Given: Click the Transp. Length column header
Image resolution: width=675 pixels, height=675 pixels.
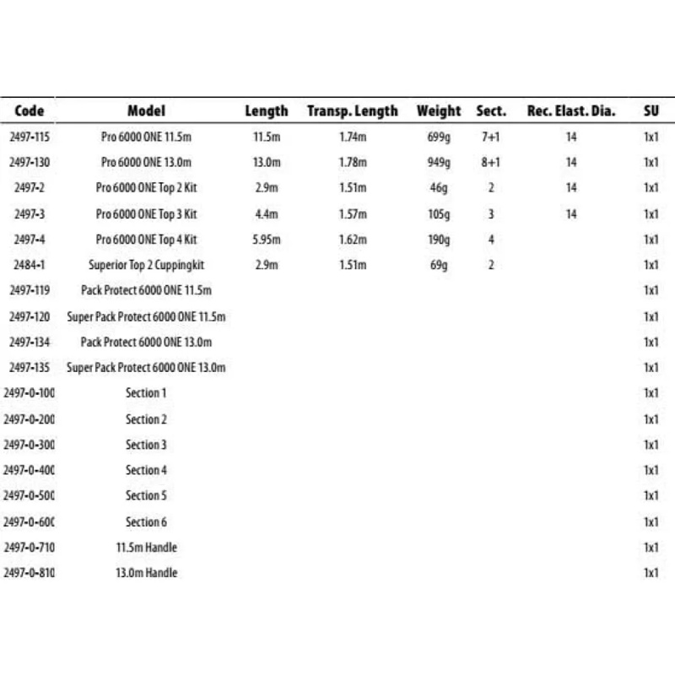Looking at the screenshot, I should [x=352, y=111].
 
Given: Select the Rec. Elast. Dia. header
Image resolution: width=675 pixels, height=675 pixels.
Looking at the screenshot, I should [x=571, y=111].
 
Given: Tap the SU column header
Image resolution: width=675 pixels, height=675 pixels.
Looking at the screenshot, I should [x=651, y=111].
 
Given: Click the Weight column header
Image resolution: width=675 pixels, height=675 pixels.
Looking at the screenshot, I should [x=439, y=111].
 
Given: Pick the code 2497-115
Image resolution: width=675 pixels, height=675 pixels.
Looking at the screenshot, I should [x=30, y=137].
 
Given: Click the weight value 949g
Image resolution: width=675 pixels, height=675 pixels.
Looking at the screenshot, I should [x=439, y=162].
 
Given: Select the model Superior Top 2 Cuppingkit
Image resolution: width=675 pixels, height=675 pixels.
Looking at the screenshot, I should [x=147, y=265].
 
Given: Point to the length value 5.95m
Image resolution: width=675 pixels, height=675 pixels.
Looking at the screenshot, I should [x=266, y=240].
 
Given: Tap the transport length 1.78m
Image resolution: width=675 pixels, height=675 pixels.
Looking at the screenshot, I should [x=352, y=162].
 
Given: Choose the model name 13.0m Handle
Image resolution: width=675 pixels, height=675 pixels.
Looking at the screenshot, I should [x=147, y=573].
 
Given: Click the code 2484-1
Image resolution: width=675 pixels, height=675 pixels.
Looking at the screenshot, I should [x=30, y=265].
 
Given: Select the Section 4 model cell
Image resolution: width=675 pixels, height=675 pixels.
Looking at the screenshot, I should [x=147, y=470].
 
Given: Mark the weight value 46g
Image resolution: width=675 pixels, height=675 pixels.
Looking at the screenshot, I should [x=439, y=187].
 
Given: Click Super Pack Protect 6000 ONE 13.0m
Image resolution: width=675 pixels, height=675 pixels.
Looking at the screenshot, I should [x=147, y=367].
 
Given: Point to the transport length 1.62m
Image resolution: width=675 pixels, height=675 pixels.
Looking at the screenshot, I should [x=352, y=240].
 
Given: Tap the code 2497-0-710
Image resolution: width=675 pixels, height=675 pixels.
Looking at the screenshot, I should [x=30, y=548].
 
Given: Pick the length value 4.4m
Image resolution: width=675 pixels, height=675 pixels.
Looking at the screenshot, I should [x=266, y=213].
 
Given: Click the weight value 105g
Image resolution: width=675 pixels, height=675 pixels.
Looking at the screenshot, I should [x=439, y=213].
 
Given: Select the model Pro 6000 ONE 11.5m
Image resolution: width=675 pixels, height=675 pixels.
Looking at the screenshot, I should [x=147, y=137].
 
